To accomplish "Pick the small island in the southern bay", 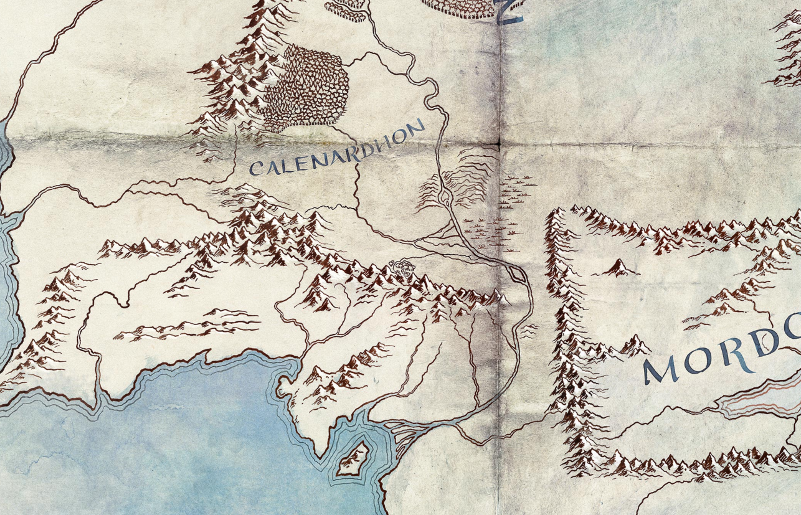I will tap(352, 460).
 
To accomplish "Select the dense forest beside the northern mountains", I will tap(305, 87).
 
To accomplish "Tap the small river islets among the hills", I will tap(446, 197).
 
